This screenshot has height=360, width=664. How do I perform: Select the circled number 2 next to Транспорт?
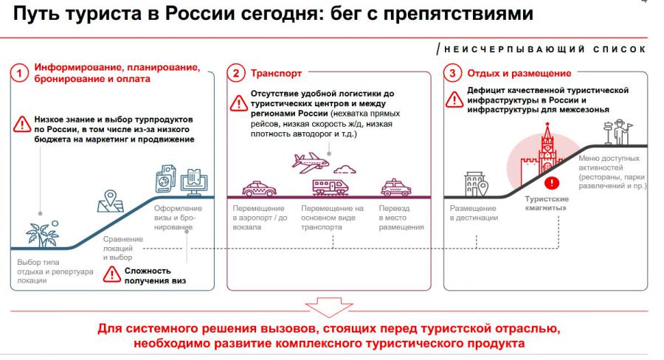click(236, 73)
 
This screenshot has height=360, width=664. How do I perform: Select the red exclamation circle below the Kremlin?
click(549, 182)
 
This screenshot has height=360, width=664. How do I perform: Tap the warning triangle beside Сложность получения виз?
click(111, 275)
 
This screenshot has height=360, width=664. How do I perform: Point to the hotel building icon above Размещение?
click(473, 184)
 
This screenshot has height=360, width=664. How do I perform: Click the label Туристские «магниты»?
click(546, 204)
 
